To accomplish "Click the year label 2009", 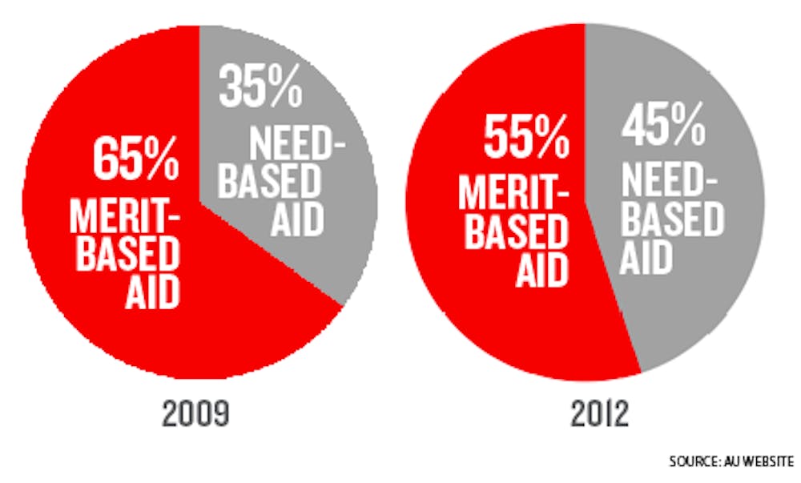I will [x=196, y=415].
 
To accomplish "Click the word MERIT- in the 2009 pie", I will [x=123, y=213].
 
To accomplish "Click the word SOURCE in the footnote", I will [x=693, y=462].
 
